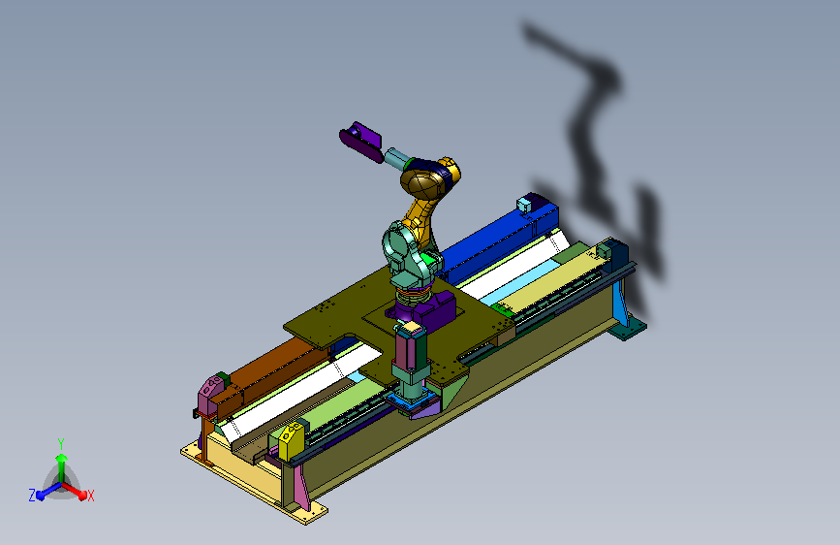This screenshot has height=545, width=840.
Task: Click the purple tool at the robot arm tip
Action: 360,142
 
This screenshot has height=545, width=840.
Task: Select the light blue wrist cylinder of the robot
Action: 396,158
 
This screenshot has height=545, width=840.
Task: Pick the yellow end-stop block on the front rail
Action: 292,440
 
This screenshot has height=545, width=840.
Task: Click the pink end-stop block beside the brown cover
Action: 210,395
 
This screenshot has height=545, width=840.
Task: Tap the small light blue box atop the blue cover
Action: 523,205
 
